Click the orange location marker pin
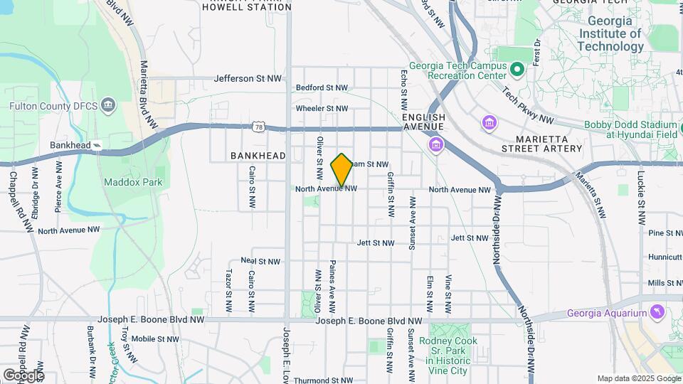click(342, 170)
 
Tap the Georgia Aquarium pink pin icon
click(657, 311)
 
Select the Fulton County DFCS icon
click(108, 106)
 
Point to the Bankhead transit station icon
click(97, 146)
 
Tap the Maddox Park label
click(133, 182)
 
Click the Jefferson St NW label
click(244, 78)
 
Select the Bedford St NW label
click(322, 88)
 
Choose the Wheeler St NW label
click(322, 109)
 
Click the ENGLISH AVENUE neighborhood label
click(423, 122)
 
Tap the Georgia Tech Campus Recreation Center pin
click(517, 70)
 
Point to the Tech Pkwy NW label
click(528, 105)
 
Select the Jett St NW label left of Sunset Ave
click(376, 243)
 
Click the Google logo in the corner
click(23, 375)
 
